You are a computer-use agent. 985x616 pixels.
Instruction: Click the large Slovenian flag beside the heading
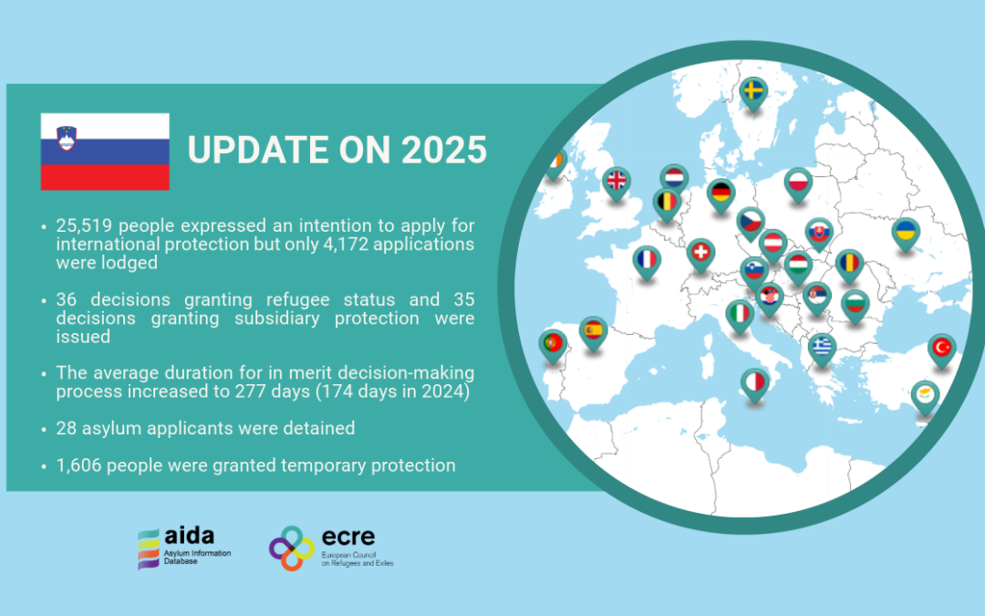click(105, 151)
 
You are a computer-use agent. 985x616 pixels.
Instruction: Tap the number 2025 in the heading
click(443, 151)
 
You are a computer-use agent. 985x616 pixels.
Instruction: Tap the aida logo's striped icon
click(149, 548)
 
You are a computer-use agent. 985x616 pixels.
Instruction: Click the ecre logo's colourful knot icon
click(292, 548)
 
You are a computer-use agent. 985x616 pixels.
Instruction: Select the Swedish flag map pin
click(753, 93)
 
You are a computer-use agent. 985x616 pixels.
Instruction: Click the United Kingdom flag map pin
click(617, 183)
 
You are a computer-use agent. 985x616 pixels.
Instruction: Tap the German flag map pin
click(721, 194)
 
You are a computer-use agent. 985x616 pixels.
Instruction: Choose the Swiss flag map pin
click(700, 256)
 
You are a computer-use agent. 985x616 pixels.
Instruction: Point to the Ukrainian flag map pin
click(906, 234)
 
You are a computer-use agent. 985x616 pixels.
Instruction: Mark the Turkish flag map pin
click(941, 350)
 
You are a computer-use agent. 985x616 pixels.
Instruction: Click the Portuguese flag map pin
click(553, 346)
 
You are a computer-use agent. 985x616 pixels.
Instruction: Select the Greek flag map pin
click(822, 349)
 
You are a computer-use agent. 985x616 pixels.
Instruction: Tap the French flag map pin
click(647, 261)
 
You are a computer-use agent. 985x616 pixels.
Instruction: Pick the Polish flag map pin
click(798, 184)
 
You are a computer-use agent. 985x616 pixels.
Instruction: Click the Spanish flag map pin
click(593, 332)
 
